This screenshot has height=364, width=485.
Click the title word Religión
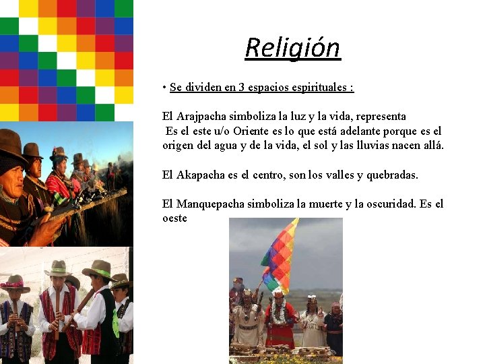292,48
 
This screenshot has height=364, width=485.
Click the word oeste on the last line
174,218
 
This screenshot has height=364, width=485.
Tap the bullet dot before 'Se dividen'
164,88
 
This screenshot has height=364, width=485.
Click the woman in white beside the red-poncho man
312,324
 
